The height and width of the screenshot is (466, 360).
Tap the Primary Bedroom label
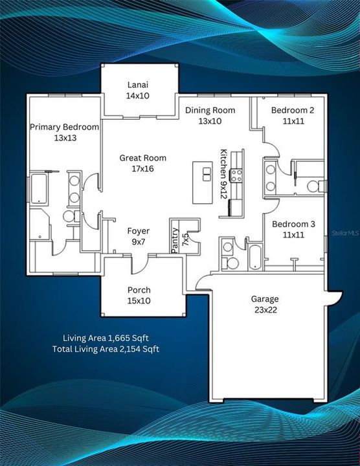[x=64, y=127]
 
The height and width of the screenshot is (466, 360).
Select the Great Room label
[x=142, y=158]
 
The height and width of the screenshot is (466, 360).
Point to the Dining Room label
[x=210, y=110]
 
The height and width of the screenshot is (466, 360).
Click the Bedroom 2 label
[x=293, y=110]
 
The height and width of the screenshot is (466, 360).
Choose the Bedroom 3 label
[x=293, y=224]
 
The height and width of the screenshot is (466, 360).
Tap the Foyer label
[x=138, y=231]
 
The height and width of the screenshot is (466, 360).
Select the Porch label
[x=139, y=290]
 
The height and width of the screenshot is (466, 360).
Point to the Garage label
[x=265, y=299]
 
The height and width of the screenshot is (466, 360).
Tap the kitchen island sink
[x=207, y=174]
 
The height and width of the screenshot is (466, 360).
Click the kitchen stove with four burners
[x=237, y=174]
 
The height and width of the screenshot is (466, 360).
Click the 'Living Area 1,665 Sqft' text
[x=106, y=338]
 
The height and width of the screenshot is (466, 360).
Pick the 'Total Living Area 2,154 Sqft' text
[x=106, y=349]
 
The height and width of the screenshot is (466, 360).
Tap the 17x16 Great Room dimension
[x=142, y=168]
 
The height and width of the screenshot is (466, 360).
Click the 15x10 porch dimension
[x=139, y=300]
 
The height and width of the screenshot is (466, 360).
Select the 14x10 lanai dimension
[x=139, y=95]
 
